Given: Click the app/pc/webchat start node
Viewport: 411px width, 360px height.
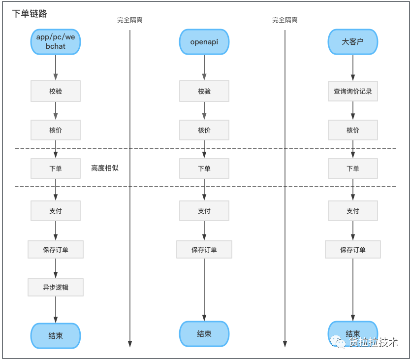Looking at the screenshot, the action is click(56, 42).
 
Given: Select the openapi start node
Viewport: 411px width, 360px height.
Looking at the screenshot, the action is click(204, 42).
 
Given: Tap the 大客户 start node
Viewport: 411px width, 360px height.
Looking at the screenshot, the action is click(353, 42).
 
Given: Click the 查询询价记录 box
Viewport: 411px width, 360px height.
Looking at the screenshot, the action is click(353, 91).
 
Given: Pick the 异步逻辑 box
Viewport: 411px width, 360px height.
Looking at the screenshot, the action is click(56, 288).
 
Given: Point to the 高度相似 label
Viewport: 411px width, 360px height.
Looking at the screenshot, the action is click(105, 168).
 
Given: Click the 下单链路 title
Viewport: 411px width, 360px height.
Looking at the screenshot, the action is click(30, 14).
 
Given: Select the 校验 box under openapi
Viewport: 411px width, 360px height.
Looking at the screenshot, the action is click(204, 91).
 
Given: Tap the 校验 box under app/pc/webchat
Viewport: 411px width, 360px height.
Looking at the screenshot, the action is click(56, 91).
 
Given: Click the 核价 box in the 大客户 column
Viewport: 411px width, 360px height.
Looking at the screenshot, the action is click(353, 130).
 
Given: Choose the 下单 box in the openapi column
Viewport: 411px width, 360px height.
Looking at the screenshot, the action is click(204, 168).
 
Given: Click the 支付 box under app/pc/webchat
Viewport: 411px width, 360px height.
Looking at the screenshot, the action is click(56, 211).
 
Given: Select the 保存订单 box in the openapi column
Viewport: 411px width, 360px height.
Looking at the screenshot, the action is click(204, 250).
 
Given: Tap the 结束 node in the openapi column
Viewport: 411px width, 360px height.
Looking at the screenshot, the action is click(204, 334).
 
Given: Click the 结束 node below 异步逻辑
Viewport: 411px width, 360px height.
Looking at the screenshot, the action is click(56, 335).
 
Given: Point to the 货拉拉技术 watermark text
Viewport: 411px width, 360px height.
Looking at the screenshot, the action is click(374, 342).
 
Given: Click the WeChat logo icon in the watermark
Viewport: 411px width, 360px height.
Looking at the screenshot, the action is click(338, 342).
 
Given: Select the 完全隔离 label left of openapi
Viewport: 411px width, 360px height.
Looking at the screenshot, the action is click(130, 20).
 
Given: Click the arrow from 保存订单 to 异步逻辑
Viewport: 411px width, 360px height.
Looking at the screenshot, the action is click(56, 268).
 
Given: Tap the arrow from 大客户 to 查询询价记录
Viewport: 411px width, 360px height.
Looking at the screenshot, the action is click(353, 67).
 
